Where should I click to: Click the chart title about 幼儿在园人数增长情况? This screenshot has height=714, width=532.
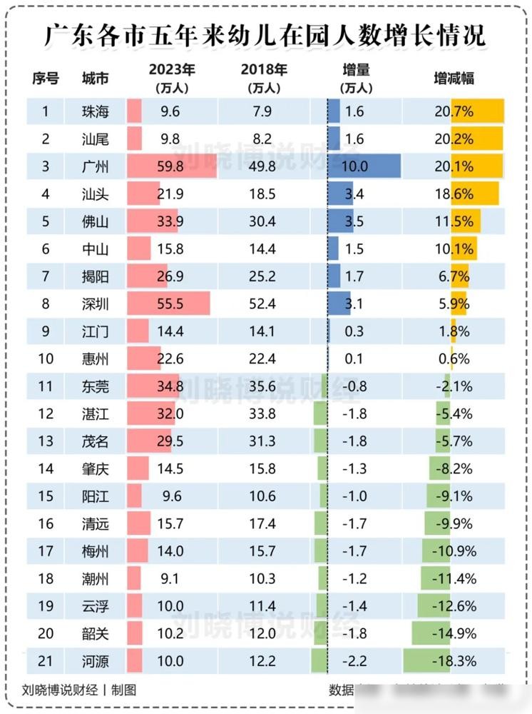click(x=265, y=34)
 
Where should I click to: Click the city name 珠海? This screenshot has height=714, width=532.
click(x=96, y=111)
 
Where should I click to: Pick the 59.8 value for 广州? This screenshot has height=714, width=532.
click(x=171, y=166)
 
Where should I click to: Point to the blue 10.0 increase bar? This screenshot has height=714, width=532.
click(x=364, y=166)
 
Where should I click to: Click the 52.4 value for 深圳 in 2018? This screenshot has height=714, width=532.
click(x=263, y=303)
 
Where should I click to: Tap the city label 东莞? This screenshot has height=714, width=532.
click(x=96, y=386)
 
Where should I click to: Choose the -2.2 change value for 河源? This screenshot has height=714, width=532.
click(x=354, y=661)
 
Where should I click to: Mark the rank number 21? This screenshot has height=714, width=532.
click(x=46, y=661)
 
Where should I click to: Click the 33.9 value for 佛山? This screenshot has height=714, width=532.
click(x=171, y=221)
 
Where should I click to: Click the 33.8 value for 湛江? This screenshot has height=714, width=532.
click(x=263, y=414)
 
